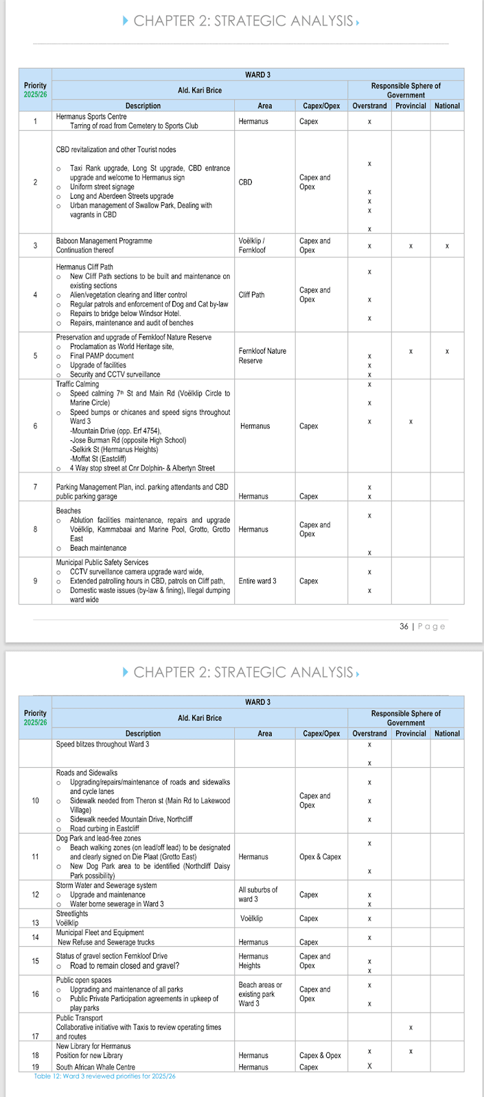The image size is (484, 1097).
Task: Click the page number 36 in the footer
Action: (x=404, y=626)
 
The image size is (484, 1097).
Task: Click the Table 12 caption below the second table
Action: (x=104, y=1076)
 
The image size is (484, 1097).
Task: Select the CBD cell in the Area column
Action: (x=245, y=182)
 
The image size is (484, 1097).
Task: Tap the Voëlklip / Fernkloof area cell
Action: (x=251, y=245)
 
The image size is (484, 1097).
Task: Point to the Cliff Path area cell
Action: (x=251, y=295)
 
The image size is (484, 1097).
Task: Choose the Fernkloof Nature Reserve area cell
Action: (x=262, y=356)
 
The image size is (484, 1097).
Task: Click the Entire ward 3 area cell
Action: (x=257, y=581)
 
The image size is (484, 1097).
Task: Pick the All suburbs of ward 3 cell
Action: (x=258, y=894)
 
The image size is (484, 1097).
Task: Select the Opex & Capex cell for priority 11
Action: (x=320, y=857)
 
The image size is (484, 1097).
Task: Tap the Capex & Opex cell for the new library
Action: (x=320, y=1055)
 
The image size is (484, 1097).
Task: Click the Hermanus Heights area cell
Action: (x=254, y=961)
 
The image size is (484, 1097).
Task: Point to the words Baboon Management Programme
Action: (x=104, y=241)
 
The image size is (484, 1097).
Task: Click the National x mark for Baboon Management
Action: (x=447, y=246)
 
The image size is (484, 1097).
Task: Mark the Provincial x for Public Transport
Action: (x=411, y=1028)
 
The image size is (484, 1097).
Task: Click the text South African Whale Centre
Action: (x=95, y=1067)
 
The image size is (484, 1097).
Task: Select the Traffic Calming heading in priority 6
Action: (x=78, y=384)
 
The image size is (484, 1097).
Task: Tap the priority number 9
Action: (x=35, y=581)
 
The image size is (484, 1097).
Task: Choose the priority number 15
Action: (x=35, y=961)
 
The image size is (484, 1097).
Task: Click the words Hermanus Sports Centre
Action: (x=91, y=117)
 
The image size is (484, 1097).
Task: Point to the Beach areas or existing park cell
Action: (x=260, y=994)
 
